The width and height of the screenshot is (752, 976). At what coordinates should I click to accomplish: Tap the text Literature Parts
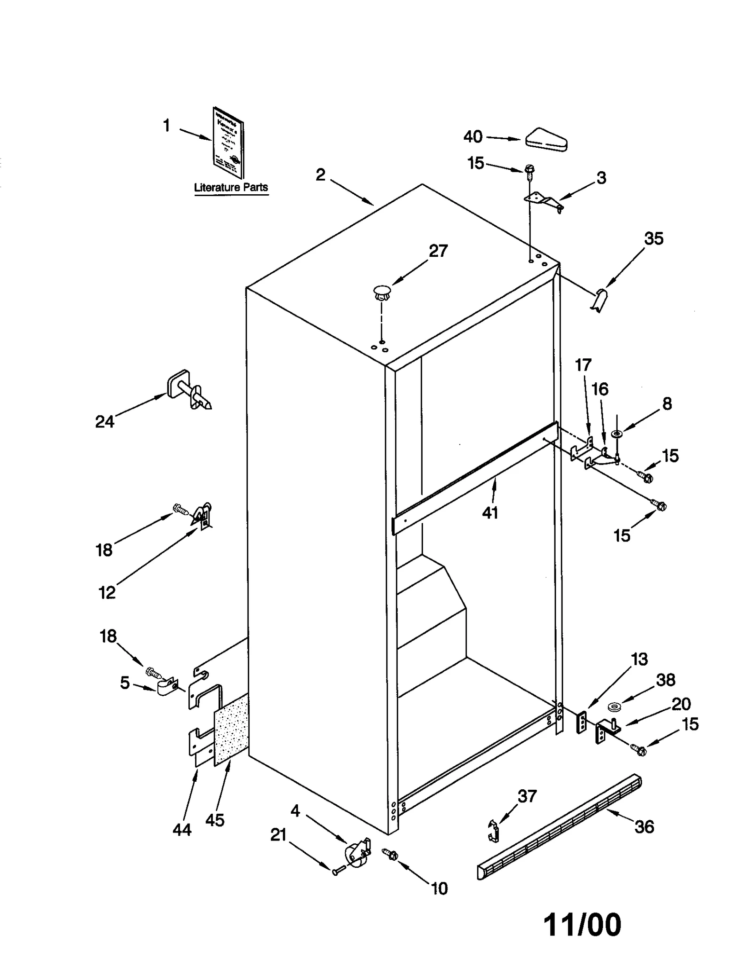coord(231,187)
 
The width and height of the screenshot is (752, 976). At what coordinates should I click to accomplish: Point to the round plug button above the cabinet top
coord(382,292)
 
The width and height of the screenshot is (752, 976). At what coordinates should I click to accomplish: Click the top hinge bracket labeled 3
coord(544,202)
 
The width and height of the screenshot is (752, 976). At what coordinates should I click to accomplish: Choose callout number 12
coord(107,593)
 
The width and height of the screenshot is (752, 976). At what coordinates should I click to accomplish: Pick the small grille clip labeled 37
coord(493,830)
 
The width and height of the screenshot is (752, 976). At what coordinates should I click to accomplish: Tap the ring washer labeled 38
coord(614,706)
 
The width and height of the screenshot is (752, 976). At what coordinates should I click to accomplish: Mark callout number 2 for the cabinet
coord(320,175)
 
